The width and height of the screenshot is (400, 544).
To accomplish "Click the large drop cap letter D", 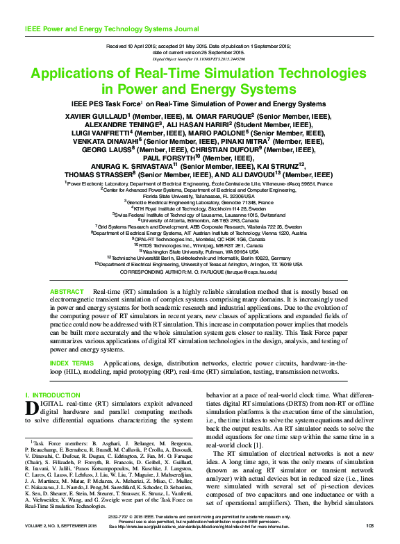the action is pos(31,408).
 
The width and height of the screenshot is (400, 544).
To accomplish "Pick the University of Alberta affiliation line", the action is pos(200,220).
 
